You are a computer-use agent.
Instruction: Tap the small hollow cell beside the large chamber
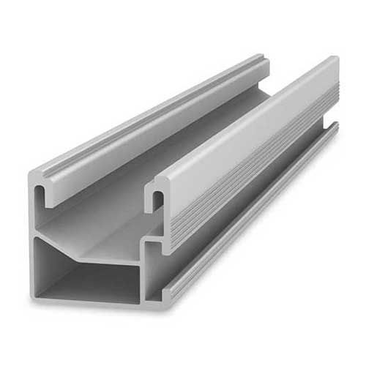point(156,270)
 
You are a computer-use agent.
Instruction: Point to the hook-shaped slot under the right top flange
point(156,198)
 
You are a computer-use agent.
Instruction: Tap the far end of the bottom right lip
point(335,127)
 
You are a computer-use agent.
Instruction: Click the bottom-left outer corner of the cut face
point(32,296)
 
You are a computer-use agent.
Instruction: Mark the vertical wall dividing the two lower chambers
point(143,274)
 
